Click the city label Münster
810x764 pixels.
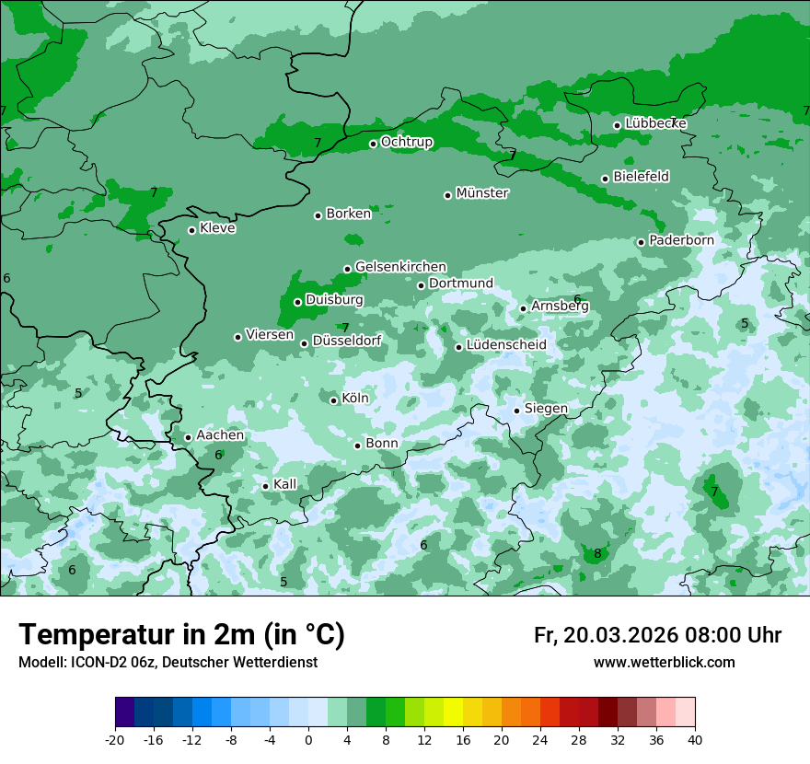point(482,193)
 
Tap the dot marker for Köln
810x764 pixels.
point(333,400)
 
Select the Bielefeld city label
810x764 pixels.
point(641,176)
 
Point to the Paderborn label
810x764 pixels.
point(681,240)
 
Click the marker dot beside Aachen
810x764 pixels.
point(188,438)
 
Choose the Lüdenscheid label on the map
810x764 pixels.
point(506,345)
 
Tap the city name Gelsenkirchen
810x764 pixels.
point(400,267)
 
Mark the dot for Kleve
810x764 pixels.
point(191,230)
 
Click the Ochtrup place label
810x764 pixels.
point(407,142)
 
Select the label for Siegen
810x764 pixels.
point(546,409)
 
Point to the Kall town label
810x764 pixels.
point(285,484)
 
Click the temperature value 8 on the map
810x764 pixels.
point(597,554)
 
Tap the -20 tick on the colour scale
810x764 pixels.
point(115,739)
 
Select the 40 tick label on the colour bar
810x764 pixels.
point(695,739)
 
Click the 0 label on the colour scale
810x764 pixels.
point(308,739)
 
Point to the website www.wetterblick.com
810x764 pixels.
point(664,663)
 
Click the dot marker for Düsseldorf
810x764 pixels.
point(304,343)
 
